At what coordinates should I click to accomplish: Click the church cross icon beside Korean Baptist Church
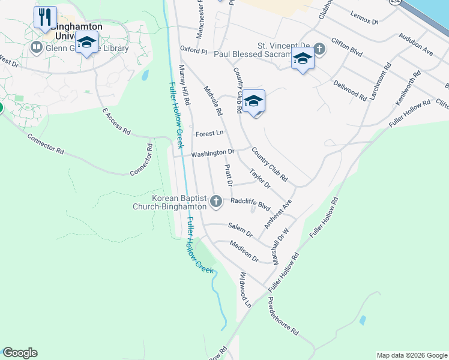215,202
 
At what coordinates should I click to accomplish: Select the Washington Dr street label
212,154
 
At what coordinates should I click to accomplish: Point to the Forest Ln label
209,133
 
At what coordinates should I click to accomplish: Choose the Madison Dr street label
244,251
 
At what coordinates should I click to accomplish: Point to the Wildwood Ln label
245,290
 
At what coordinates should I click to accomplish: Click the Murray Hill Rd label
185,83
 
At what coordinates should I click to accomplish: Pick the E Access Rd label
116,120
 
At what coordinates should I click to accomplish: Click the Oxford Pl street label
193,51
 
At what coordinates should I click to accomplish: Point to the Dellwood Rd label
350,91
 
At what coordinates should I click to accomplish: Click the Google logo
20,353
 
